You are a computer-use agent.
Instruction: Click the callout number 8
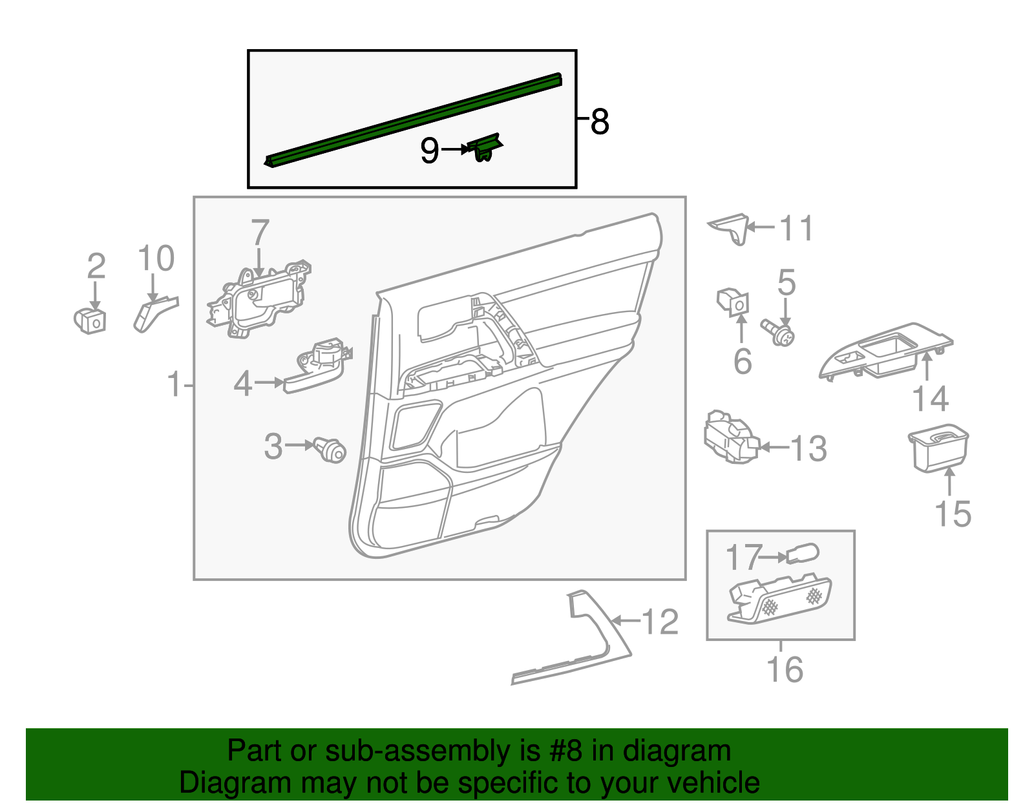tap(600, 121)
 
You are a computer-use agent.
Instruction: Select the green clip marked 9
tap(485, 147)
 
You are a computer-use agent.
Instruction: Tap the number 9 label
tap(429, 151)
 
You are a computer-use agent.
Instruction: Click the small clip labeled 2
tap(90, 320)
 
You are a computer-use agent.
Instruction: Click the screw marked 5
tap(778, 332)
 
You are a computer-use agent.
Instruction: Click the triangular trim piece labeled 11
tap(729, 229)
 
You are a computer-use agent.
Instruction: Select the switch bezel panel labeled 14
tap(885, 351)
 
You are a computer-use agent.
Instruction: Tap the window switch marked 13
tap(731, 437)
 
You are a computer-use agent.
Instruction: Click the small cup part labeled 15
tap(938, 448)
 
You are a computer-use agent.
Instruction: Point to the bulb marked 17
tap(803, 554)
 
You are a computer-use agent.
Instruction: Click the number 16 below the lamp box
tap(785, 669)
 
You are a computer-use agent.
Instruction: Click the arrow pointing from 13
tap(775, 448)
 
